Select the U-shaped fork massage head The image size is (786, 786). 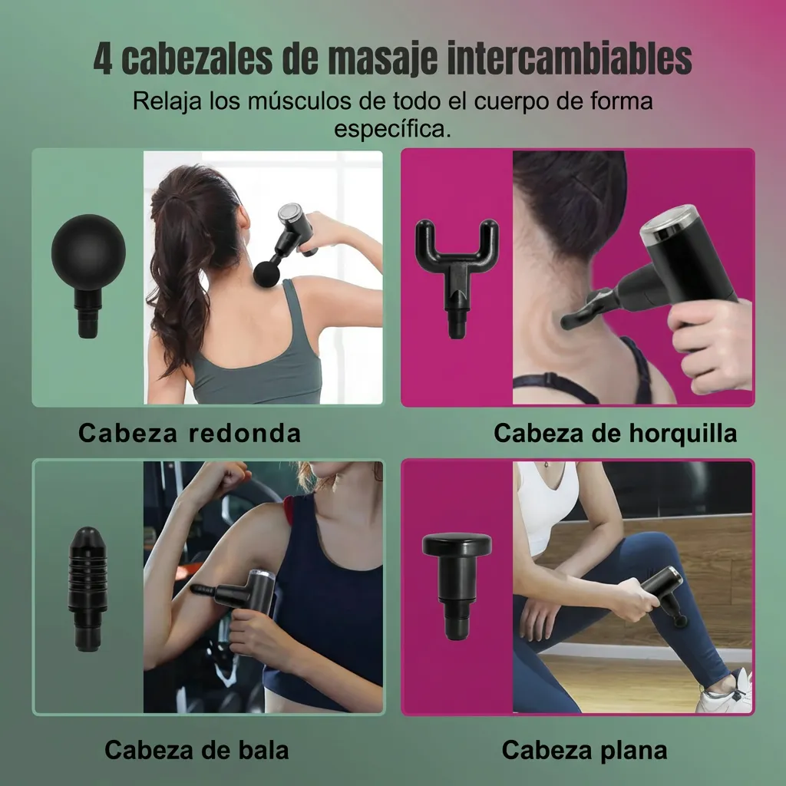point(457,265)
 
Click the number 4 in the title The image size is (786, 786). point(103,60)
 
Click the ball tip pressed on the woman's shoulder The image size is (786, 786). point(266,274)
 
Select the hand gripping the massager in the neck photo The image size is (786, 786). point(710,338)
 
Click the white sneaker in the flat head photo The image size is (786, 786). point(726,695)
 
